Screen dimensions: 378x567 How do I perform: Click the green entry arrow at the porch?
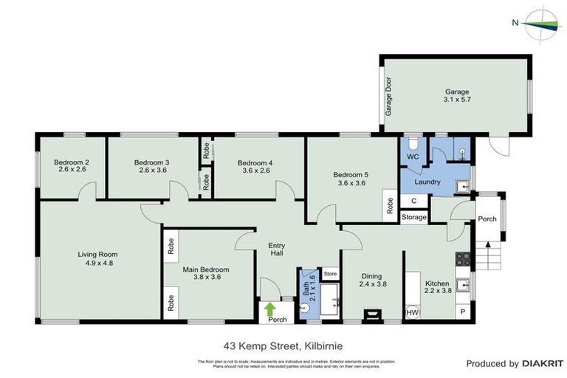[270, 308]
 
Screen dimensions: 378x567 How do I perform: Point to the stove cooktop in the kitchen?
[464, 258]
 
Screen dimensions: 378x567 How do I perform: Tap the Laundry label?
[427, 182]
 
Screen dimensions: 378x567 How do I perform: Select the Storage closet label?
[414, 217]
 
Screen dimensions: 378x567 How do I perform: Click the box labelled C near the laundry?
[413, 201]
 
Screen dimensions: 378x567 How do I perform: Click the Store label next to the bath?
[331, 274]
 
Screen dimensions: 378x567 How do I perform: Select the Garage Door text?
[387, 96]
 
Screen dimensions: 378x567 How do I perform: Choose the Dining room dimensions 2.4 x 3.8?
[373, 283]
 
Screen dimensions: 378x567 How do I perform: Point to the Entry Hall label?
[276, 250]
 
